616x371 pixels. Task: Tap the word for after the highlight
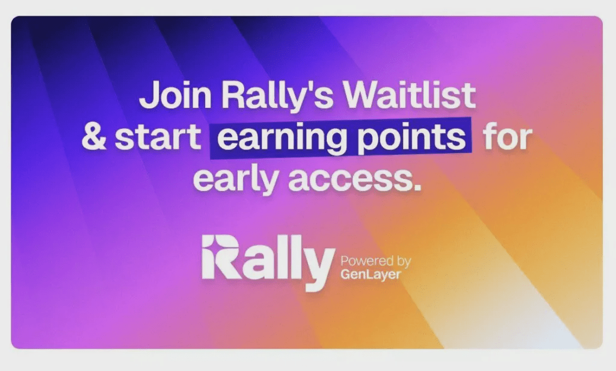508,138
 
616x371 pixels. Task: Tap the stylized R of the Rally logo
218,258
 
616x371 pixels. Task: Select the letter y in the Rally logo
318,265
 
